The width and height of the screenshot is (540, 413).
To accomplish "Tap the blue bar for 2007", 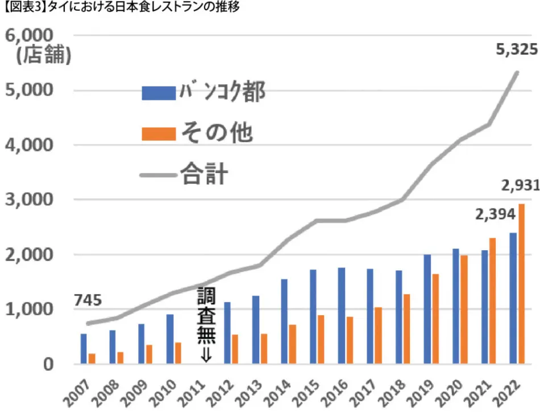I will [84, 349].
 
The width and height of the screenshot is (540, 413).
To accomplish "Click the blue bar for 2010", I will [170, 339].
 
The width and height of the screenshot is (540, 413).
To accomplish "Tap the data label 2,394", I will [495, 214].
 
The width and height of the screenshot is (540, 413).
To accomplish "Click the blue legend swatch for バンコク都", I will [159, 93].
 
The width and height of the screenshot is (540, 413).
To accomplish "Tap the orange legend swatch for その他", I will [159, 133].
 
